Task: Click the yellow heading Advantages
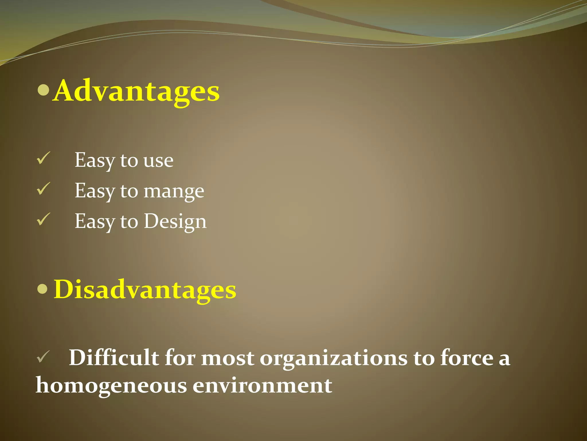(137, 91)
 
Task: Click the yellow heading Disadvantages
(145, 289)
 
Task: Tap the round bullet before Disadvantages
(43, 289)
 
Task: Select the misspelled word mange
(174, 191)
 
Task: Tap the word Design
(175, 222)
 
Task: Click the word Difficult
(114, 357)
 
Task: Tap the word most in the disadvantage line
(228, 358)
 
